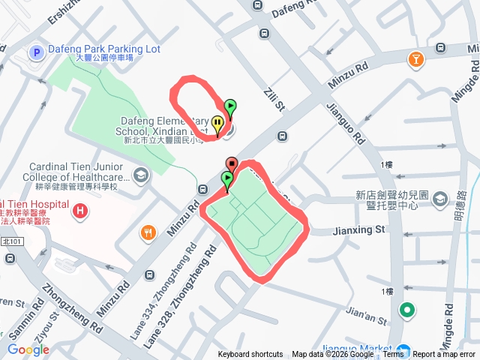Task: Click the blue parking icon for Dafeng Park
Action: click(34, 52)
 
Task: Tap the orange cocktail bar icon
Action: click(415, 58)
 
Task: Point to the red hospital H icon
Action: click(79, 212)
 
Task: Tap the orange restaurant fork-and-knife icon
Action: click(148, 233)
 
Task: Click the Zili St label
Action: click(271, 100)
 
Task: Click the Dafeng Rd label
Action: click(296, 10)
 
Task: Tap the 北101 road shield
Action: click(13, 241)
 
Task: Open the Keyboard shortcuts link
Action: click(250, 355)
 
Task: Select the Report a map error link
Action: click(444, 355)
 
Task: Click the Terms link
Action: click(393, 355)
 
